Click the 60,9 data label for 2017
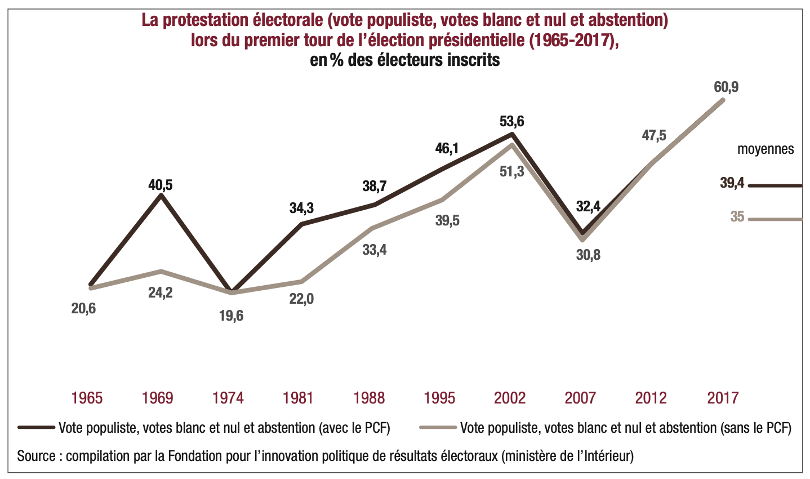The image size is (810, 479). click(726, 87)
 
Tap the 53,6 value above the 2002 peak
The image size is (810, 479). click(511, 121)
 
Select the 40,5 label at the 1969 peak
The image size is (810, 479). click(161, 185)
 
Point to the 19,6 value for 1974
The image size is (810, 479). click(231, 316)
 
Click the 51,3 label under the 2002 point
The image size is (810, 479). click(511, 171)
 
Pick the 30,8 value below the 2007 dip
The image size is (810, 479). click(588, 255)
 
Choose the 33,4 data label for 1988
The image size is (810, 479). click(374, 249)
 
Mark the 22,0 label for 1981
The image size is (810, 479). click(301, 299)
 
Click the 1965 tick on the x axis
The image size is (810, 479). click(87, 398)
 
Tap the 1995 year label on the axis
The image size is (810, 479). click(439, 398)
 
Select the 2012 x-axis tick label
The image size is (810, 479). click(651, 398)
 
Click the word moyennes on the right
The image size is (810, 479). click(766, 149)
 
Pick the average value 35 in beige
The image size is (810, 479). click(737, 216)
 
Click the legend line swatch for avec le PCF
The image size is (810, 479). click(36, 427)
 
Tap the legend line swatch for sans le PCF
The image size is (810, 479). click(438, 427)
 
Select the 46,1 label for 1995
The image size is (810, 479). click(447, 149)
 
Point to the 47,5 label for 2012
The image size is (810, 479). click(654, 135)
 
